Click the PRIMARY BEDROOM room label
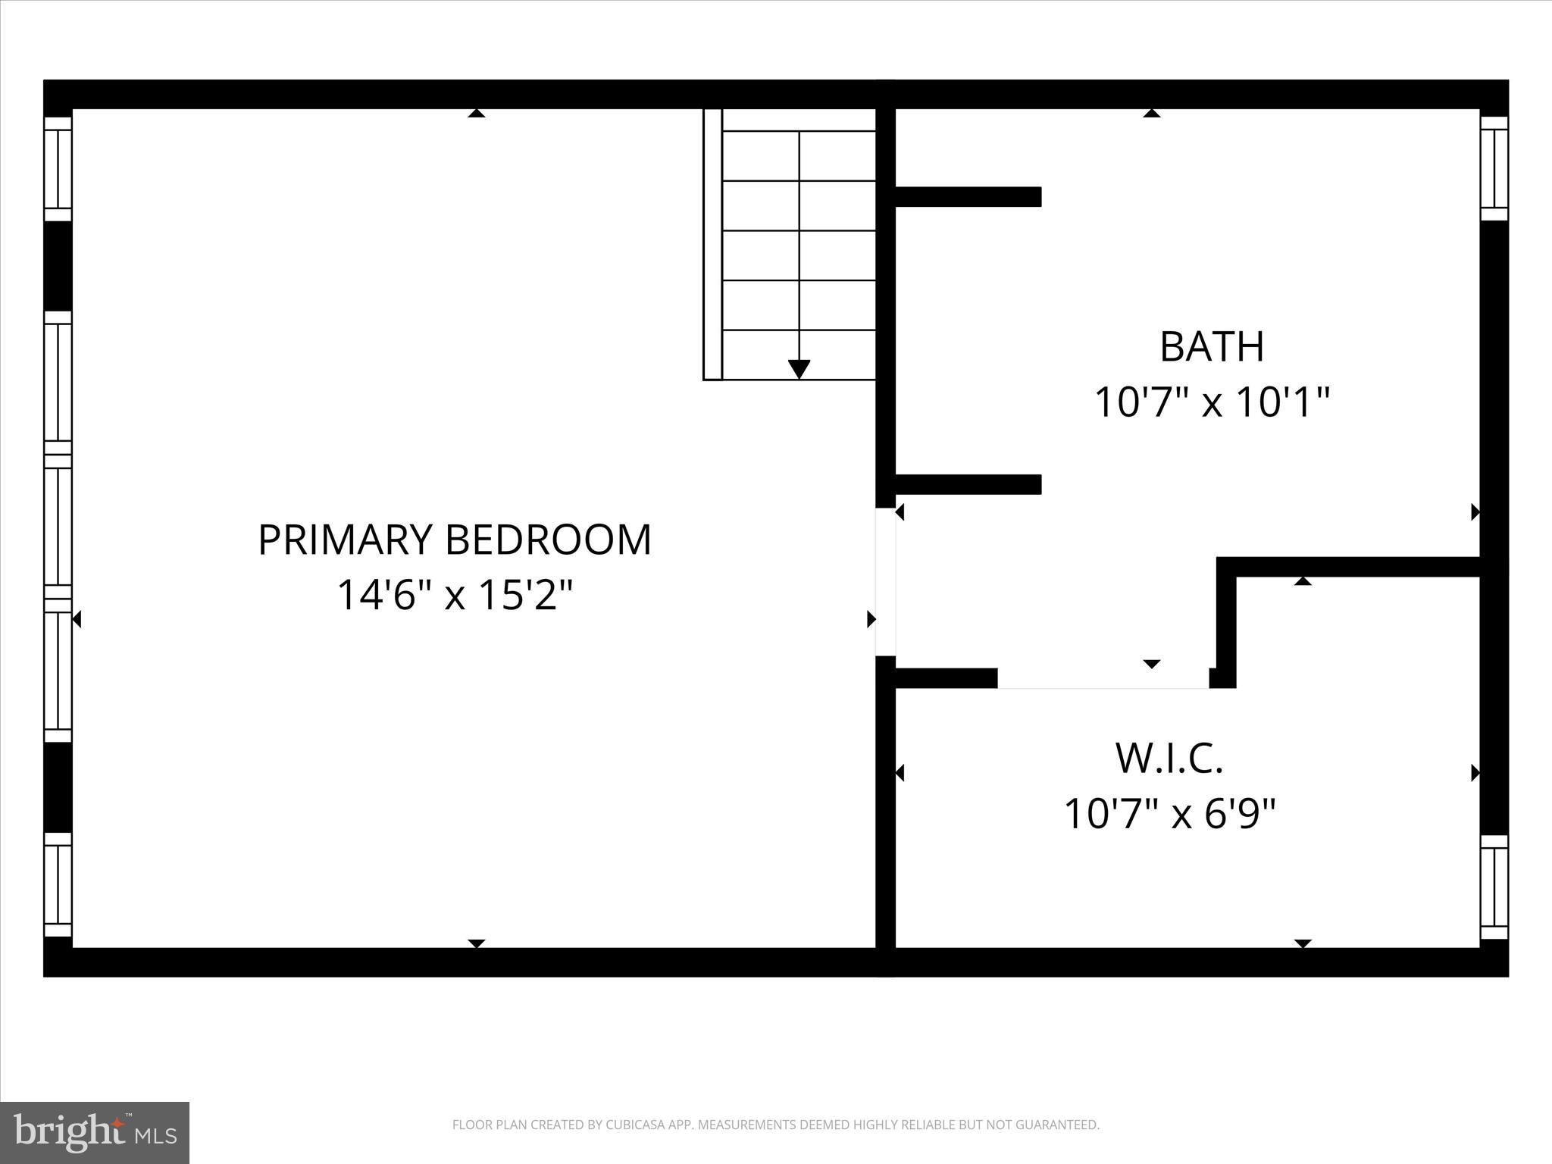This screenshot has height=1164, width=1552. pyautogui.click(x=455, y=540)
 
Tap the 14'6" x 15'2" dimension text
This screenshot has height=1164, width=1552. pyautogui.click(x=455, y=595)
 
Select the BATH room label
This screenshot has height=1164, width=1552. pyautogui.click(x=1212, y=347)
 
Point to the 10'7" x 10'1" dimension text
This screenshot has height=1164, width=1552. pyautogui.click(x=1212, y=402)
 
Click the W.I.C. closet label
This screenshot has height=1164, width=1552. pyautogui.click(x=1169, y=759)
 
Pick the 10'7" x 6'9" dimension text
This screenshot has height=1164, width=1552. pyautogui.click(x=1169, y=814)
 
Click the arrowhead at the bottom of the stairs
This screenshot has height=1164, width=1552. pyautogui.click(x=799, y=369)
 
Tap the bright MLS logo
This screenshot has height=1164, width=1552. pyautogui.click(x=95, y=1132)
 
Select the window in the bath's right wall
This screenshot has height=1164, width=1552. pyautogui.click(x=1494, y=167)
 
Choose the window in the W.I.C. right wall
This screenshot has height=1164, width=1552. pyautogui.click(x=1494, y=887)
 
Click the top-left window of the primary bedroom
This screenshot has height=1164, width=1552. pyautogui.click(x=58, y=168)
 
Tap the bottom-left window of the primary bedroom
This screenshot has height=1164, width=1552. pyautogui.click(x=58, y=885)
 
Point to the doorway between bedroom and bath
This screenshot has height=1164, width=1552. pyautogui.click(x=885, y=581)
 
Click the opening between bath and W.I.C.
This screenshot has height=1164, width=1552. pyautogui.click(x=1103, y=679)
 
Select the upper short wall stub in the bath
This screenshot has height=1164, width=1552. pyautogui.click(x=968, y=196)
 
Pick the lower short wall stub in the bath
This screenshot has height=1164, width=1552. pyautogui.click(x=968, y=484)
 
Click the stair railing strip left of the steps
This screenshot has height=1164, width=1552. pyautogui.click(x=712, y=244)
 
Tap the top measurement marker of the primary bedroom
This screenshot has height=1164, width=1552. pyautogui.click(x=476, y=114)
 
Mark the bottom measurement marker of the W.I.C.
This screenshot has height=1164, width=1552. pyautogui.click(x=1303, y=943)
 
